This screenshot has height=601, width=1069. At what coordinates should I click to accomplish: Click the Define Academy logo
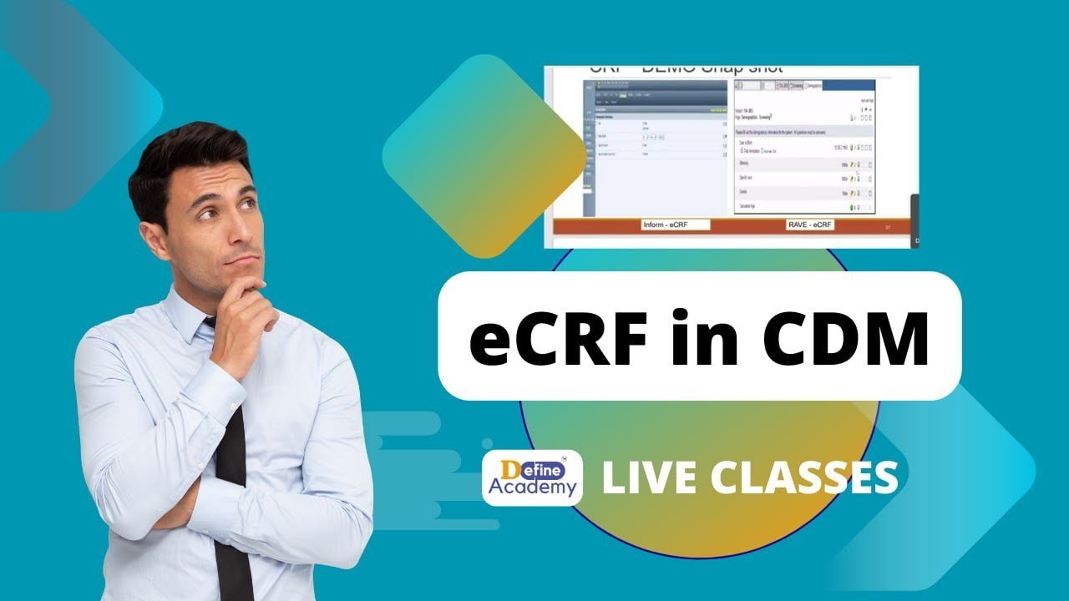point(532,477)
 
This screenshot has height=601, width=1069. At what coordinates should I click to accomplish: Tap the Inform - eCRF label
point(676,225)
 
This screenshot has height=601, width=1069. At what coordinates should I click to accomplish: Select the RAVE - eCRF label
point(810,225)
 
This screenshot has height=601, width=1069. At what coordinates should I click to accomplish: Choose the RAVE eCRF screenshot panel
point(803,146)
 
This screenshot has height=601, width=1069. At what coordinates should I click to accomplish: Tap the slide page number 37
point(886,226)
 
